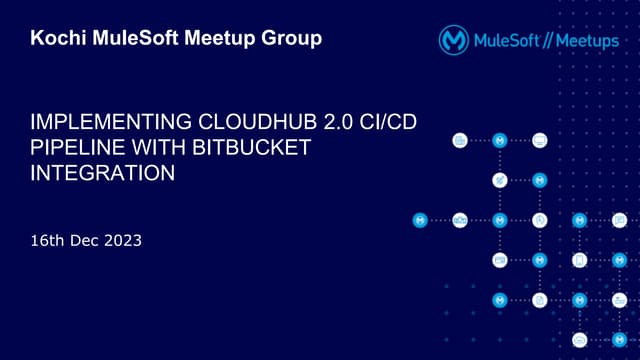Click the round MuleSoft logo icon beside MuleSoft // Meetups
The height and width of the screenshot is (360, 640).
click(455, 40)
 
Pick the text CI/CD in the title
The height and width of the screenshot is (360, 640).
click(384, 126)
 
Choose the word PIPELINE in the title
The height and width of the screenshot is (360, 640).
click(74, 149)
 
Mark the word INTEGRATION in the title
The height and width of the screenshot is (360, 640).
click(102, 172)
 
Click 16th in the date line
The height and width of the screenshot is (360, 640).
click(47, 241)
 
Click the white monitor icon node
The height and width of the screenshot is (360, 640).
click(540, 140)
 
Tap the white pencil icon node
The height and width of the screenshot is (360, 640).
click(500, 180)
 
